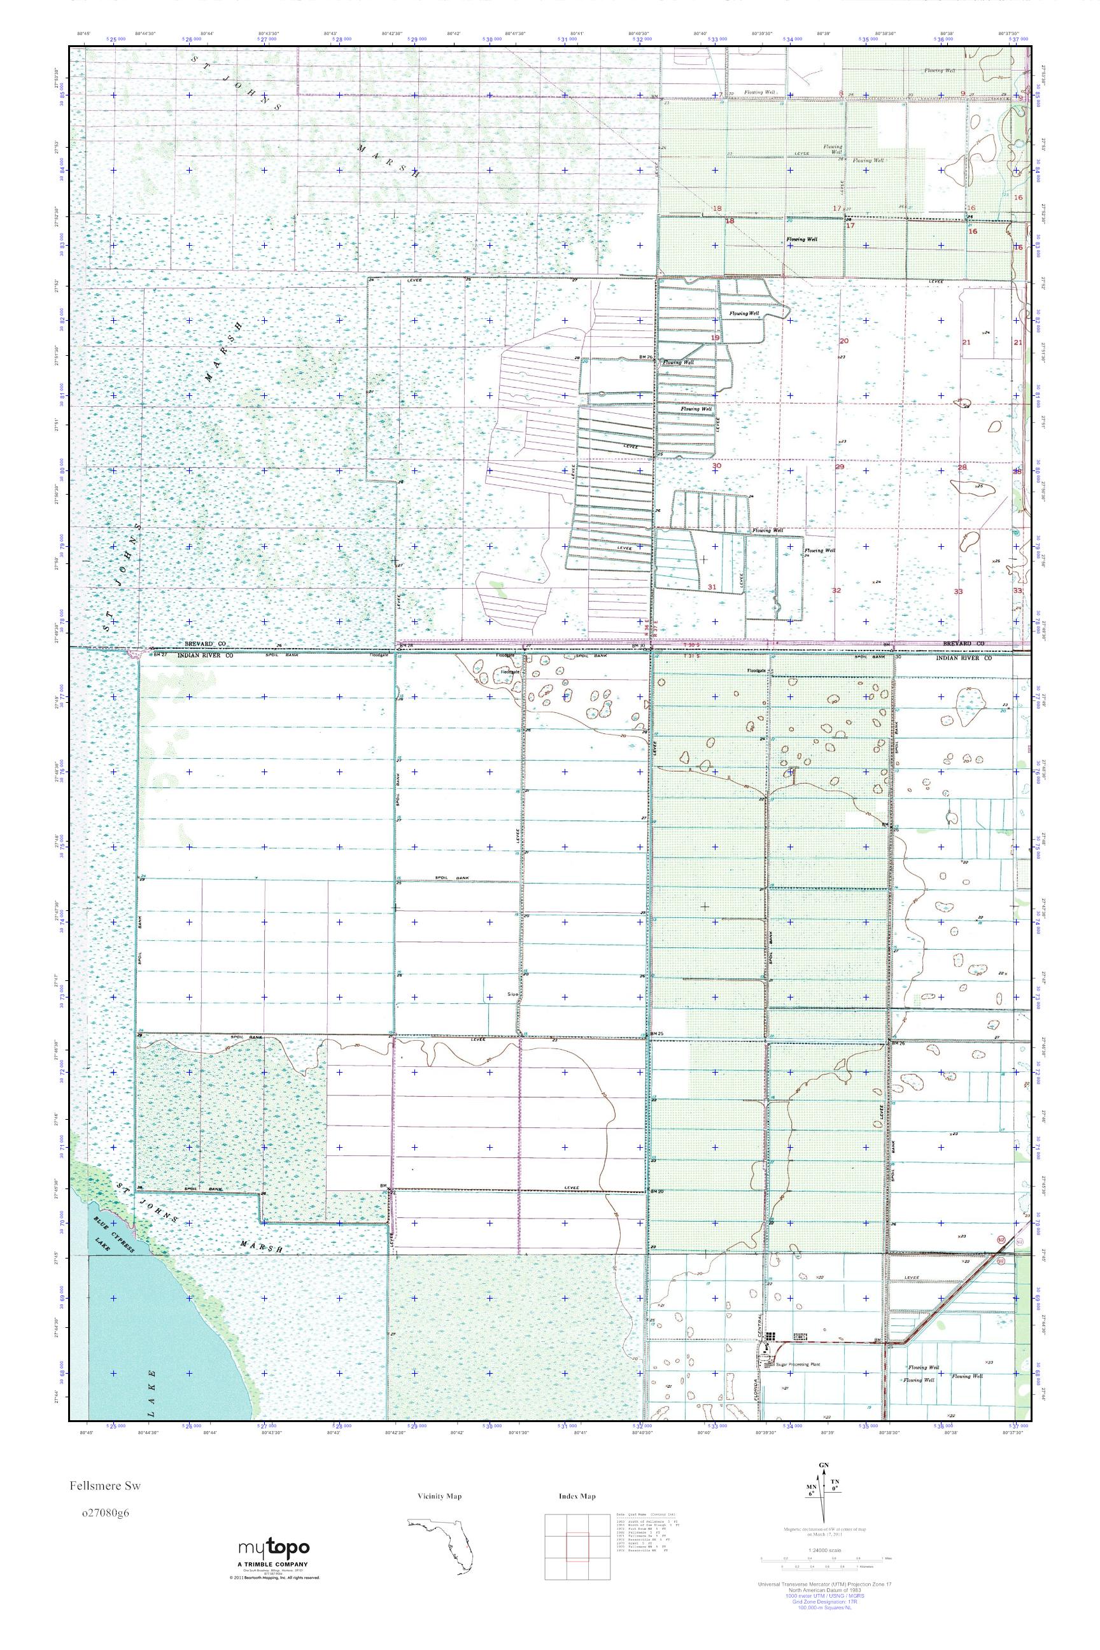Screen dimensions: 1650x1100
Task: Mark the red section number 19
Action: pyautogui.click(x=716, y=337)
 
